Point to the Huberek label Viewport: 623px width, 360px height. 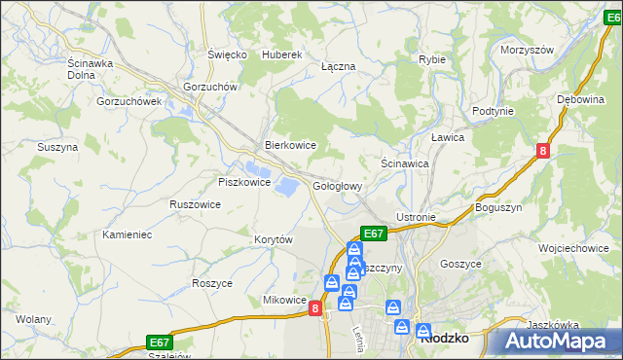pos(283,54)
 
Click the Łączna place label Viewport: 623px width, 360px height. pos(338,66)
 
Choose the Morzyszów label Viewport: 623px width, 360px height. pos(527,50)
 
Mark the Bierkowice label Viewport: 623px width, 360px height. pos(291,145)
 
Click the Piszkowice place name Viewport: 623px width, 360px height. pos(243,182)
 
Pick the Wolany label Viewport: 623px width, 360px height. pos(33,319)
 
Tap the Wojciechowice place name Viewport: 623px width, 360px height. pos(578,248)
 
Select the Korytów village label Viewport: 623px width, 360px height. pos(274,239)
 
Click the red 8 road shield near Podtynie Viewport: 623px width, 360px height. pos(543,150)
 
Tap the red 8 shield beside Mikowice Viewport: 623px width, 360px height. pos(315,307)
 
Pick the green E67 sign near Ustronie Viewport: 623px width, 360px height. pos(375,234)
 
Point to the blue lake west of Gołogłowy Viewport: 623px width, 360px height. pos(289,184)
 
